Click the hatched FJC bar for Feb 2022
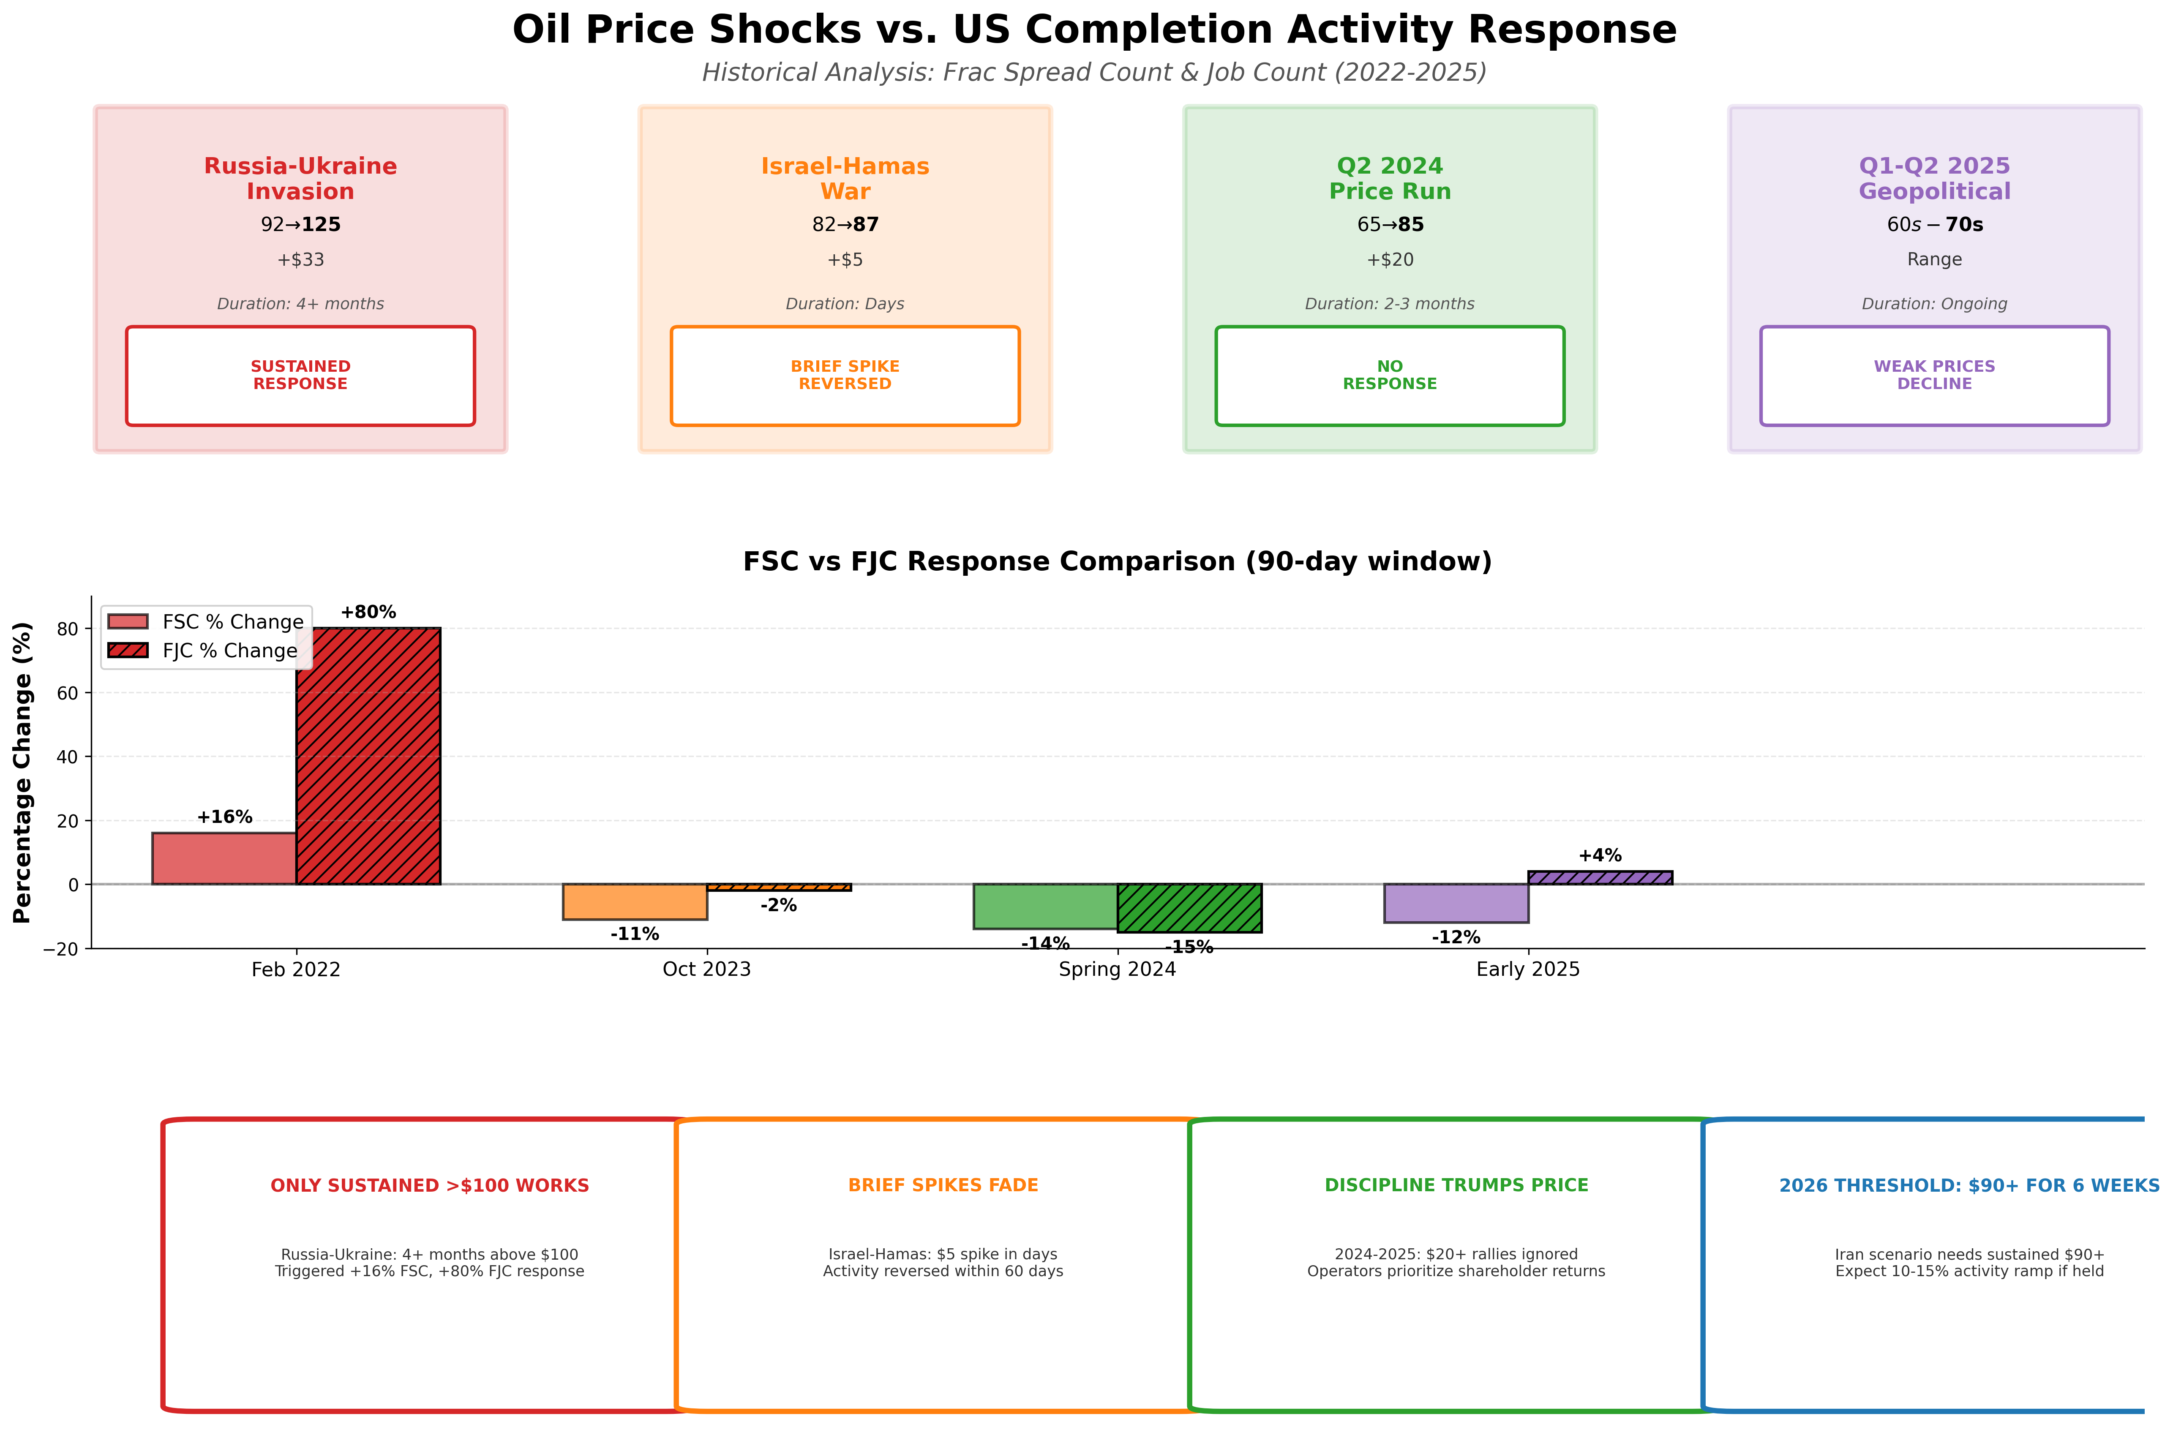click(x=368, y=756)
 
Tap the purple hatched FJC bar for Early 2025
click(x=1600, y=877)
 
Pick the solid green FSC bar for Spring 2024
click(x=1045, y=906)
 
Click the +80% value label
click(x=368, y=612)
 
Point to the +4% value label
click(x=1600, y=855)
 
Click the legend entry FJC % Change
click(x=229, y=651)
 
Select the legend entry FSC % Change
click(x=232, y=621)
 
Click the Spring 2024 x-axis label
click(x=1117, y=969)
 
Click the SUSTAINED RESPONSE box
click(x=300, y=376)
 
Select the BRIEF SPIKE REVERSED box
click(x=845, y=376)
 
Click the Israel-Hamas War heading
click(x=845, y=178)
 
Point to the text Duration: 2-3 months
click(x=1389, y=304)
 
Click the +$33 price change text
click(x=300, y=260)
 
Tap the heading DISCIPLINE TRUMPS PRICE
click(x=1456, y=1185)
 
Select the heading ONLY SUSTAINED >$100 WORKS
click(x=429, y=1185)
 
